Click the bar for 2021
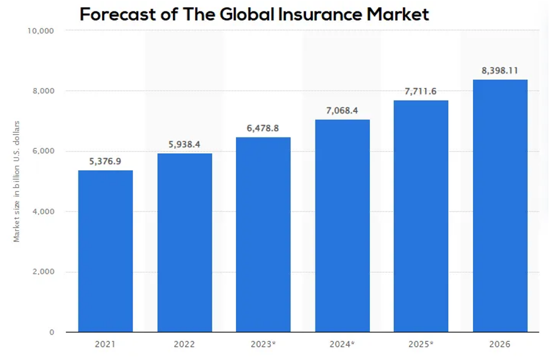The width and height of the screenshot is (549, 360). (106, 251)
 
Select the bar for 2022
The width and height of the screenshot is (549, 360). (185, 242)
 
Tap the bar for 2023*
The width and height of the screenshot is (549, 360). (263, 235)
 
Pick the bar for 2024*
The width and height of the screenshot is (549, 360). (342, 226)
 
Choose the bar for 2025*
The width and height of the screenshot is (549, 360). (421, 216)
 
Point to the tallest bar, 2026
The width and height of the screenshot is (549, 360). (500, 206)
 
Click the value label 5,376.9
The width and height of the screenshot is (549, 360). (106, 162)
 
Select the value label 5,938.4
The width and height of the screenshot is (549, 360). (185, 145)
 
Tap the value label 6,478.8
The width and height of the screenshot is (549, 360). (263, 128)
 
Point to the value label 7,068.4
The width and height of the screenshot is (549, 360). (342, 111)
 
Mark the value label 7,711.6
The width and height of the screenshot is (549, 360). (421, 92)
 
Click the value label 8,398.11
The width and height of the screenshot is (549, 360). (500, 71)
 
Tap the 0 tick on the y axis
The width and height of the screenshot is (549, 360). (52, 332)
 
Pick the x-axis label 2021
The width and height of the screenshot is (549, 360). (106, 345)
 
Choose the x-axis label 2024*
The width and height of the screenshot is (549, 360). (342, 345)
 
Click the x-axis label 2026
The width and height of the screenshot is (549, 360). (500, 345)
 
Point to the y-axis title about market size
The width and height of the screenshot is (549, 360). (17, 182)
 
